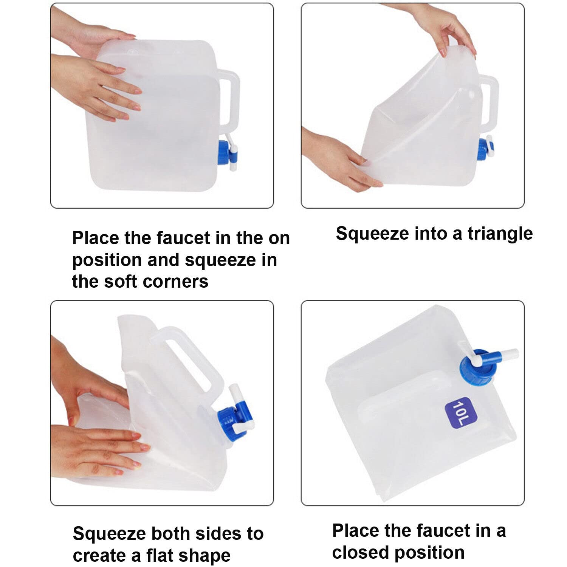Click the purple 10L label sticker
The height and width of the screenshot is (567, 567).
461,413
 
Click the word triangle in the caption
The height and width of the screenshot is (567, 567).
500,234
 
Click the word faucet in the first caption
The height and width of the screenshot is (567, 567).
183,238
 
